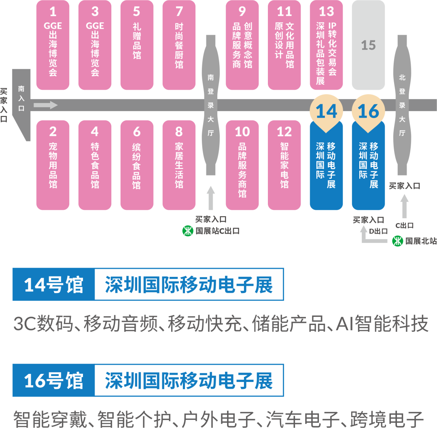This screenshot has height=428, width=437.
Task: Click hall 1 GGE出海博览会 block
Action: pyautogui.click(x=53, y=44)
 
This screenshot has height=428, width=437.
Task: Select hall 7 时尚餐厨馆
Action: pyautogui.click(x=179, y=44)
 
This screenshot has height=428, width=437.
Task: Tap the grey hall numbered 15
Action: pyautogui.click(x=368, y=44)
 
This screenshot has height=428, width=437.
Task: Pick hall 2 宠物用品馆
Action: pyautogui.click(x=53, y=165)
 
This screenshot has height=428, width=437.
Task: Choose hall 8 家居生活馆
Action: pyautogui.click(x=179, y=165)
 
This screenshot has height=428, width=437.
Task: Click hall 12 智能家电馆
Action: pyautogui.click(x=284, y=165)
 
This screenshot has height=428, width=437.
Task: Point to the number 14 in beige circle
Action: pyautogui.click(x=326, y=111)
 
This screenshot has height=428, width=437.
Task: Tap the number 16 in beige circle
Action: pyautogui.click(x=368, y=111)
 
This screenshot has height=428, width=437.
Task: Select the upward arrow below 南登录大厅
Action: pyautogui.click(x=210, y=198)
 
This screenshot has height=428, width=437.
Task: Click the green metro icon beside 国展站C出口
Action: pyautogui.click(x=188, y=231)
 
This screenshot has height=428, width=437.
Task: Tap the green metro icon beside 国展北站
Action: pyautogui.click(x=398, y=241)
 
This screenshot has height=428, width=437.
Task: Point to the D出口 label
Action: pyautogui.click(x=379, y=231)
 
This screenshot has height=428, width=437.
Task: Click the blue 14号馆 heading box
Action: pyautogui.click(x=53, y=285)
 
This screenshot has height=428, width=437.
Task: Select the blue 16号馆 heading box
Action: pyautogui.click(x=53, y=380)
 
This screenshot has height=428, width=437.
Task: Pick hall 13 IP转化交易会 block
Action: pyautogui.click(x=326, y=44)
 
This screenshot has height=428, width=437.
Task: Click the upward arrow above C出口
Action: pyautogui.click(x=404, y=206)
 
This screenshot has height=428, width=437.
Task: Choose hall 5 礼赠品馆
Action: pyautogui.click(x=137, y=44)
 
